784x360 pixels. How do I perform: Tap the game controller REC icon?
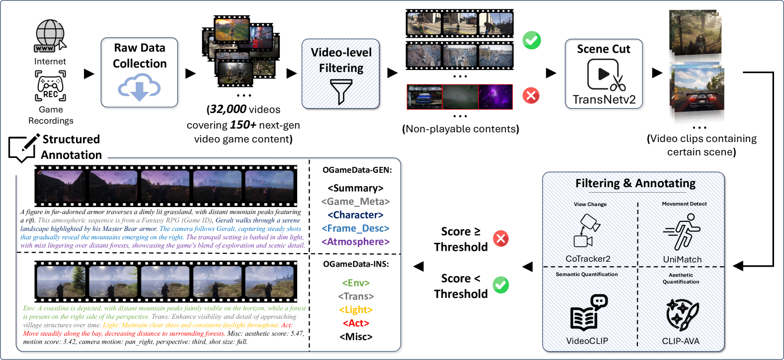[x=50, y=85]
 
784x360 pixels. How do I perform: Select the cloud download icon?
[x=139, y=87]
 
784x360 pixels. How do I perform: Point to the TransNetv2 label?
[x=604, y=99]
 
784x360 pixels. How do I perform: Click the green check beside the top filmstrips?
[x=532, y=40]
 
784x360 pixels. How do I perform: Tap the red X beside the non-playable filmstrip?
[x=531, y=95]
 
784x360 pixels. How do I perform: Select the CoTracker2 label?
[x=588, y=259]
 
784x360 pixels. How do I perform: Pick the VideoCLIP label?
[x=587, y=341]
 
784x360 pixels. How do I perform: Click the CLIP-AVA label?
[x=681, y=341]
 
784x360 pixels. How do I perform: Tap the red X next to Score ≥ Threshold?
[x=501, y=239]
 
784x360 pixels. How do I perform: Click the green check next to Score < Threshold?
[x=501, y=285]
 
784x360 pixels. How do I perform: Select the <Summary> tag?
[x=356, y=188]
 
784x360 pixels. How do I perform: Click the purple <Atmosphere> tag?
[x=356, y=242]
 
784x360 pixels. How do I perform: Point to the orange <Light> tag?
[x=356, y=310]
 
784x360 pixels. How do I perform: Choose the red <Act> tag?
[x=356, y=323]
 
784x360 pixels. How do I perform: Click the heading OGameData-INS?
[x=356, y=264]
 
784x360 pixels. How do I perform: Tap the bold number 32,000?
[x=228, y=109]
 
